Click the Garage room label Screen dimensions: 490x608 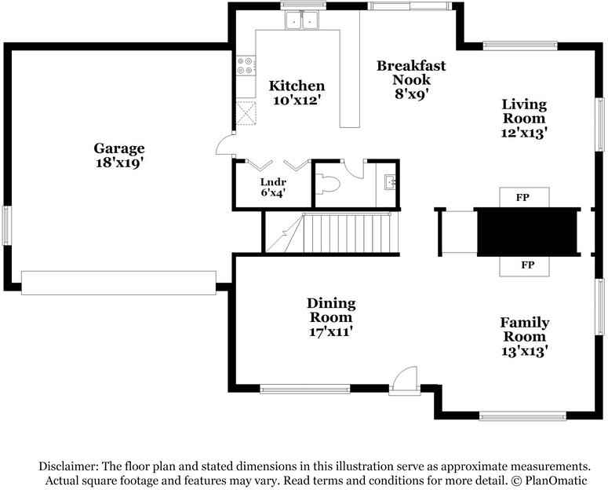click(x=119, y=148)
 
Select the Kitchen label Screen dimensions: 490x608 click(x=297, y=86)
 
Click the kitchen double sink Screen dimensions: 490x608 click(x=303, y=20)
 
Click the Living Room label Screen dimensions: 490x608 click(x=524, y=111)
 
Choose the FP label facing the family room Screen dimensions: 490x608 click(x=526, y=265)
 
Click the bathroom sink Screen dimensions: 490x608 click(x=390, y=183)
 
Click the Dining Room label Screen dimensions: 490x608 click(x=331, y=310)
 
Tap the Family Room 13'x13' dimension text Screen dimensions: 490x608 click(x=524, y=351)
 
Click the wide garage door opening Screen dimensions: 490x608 click(x=118, y=283)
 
